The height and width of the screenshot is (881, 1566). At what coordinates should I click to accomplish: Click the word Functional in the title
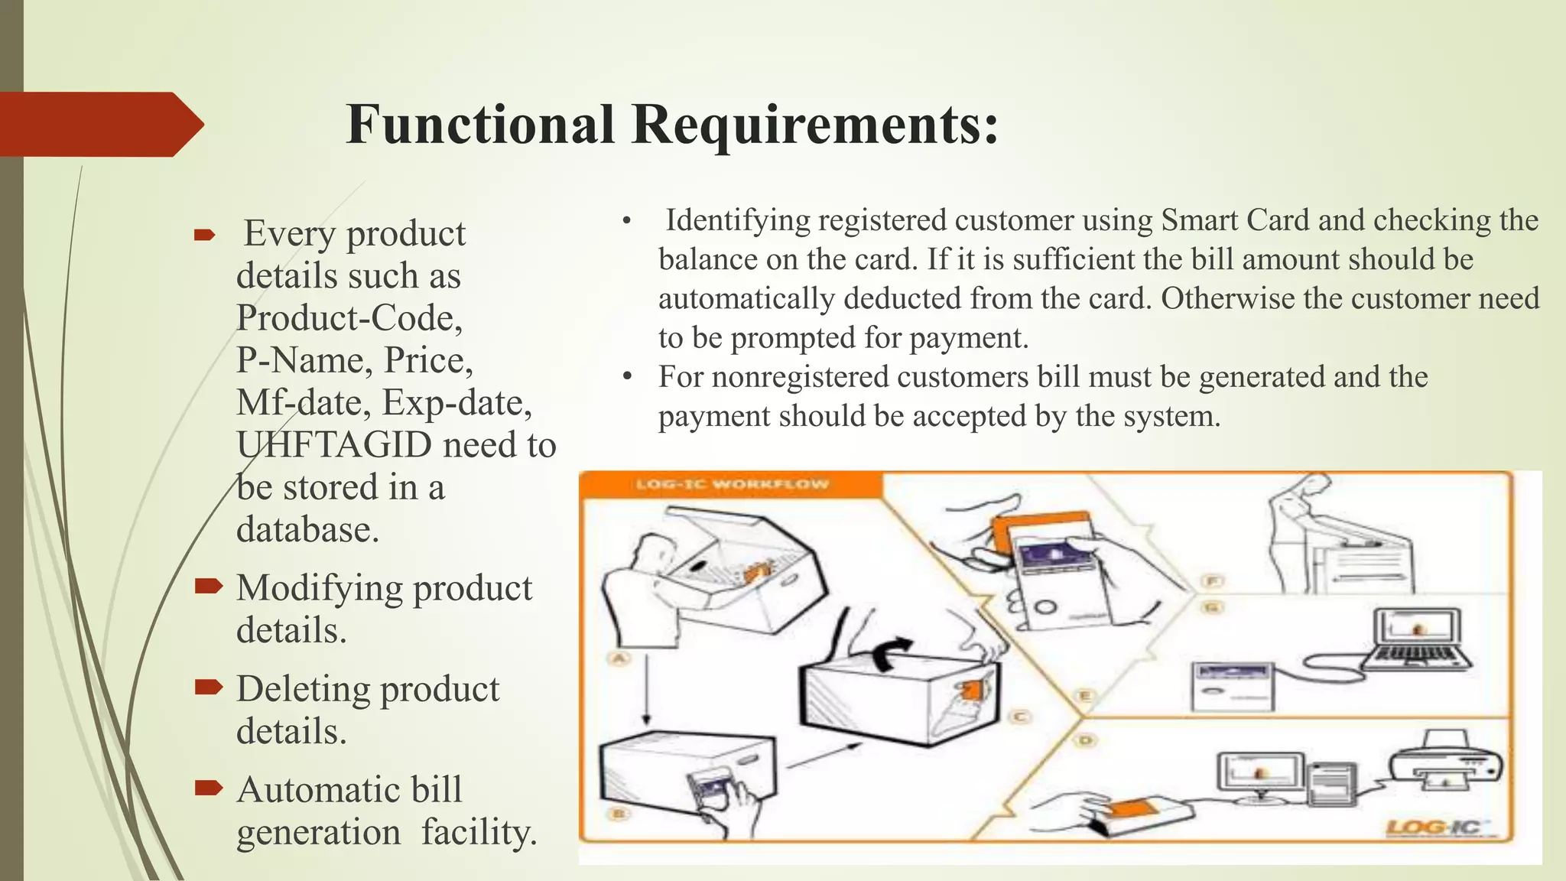(480, 125)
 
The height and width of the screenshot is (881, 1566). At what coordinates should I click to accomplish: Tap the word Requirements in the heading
(815, 125)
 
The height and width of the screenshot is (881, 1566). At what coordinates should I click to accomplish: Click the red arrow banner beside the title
(99, 125)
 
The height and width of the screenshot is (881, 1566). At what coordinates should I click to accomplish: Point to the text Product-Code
(349, 318)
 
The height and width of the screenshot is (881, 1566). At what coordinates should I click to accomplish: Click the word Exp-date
(456, 403)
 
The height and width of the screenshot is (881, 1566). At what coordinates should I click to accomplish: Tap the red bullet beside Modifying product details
(208, 587)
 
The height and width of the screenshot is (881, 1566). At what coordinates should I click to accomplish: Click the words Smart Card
(1234, 220)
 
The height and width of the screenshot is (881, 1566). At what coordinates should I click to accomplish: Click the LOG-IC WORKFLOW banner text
(732, 484)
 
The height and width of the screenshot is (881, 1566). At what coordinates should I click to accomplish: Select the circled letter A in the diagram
(619, 658)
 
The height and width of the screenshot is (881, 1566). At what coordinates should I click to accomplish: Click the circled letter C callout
(1019, 717)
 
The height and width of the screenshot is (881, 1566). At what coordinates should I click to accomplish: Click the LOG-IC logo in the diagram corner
(1432, 827)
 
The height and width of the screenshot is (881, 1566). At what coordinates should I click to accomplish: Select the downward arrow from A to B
(646, 688)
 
